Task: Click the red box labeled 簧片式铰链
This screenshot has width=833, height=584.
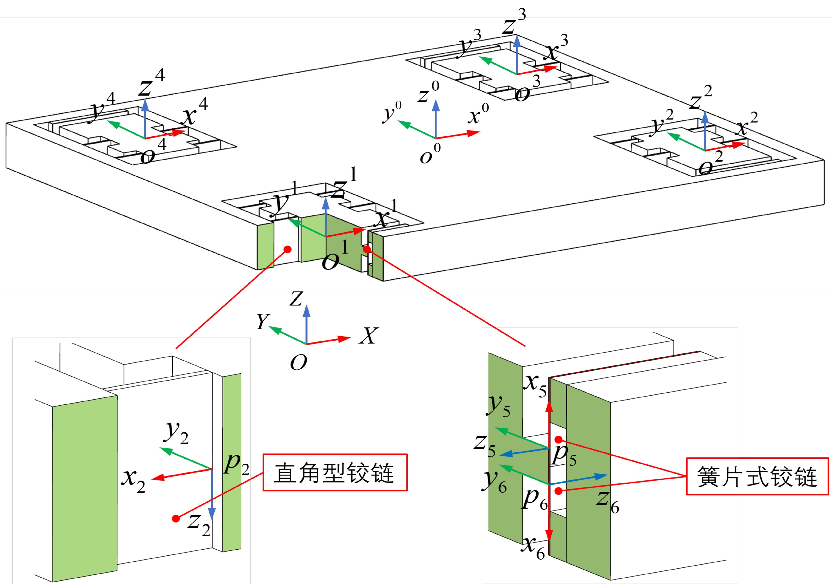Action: click(x=757, y=476)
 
